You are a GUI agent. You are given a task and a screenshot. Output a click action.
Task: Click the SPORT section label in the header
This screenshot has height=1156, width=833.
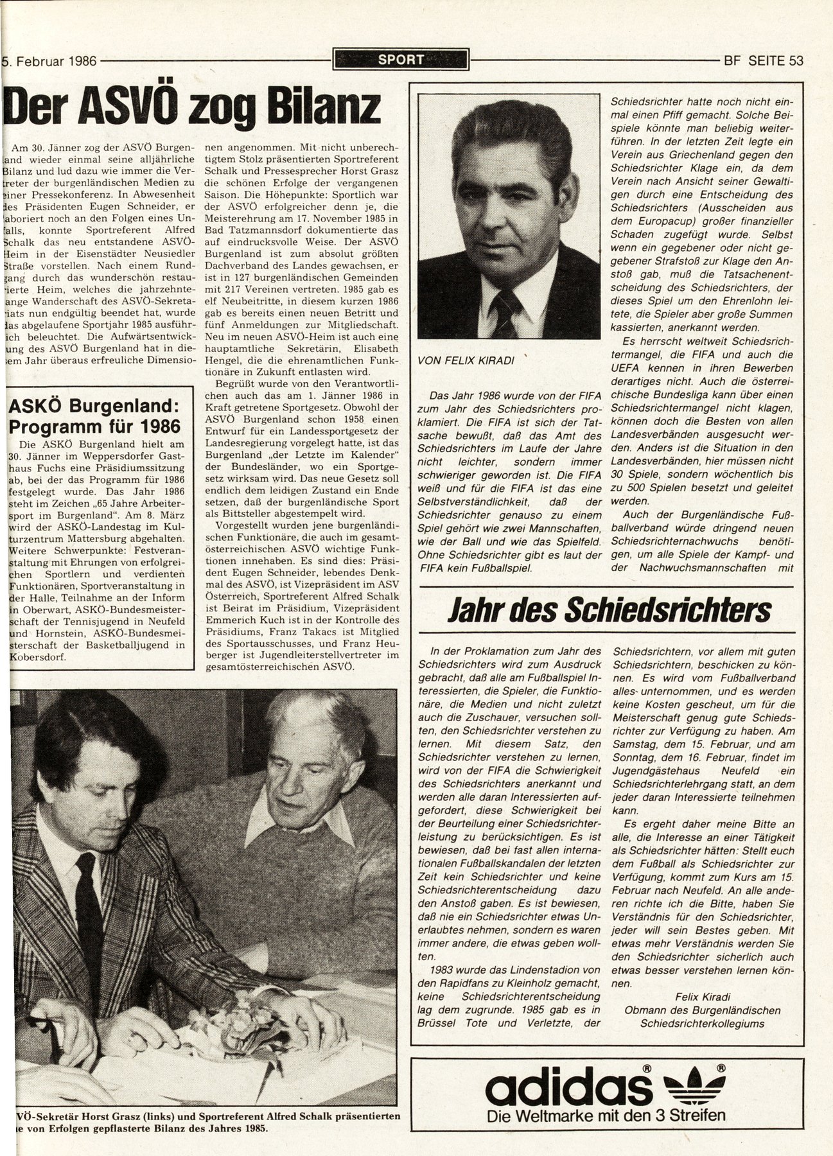pos(401,60)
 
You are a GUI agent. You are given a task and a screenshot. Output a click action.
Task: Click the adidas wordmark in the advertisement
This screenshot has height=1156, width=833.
pos(565,1088)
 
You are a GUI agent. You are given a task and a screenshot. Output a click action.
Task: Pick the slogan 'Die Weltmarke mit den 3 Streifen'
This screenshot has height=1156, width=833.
pos(607,1116)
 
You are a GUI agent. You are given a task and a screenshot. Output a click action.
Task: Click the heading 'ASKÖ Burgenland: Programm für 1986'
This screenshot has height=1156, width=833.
pos(92,417)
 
